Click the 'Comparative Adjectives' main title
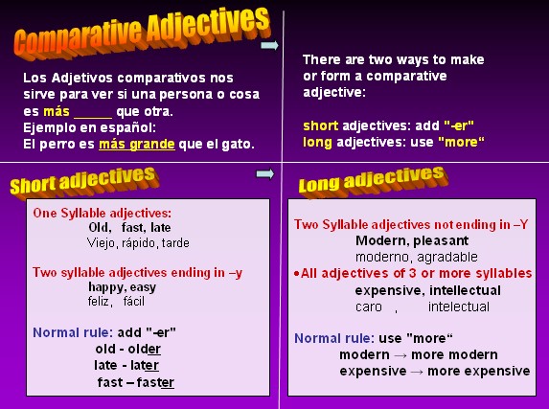tap(142, 33)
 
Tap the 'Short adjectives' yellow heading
tap(84, 181)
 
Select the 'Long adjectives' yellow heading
tap(374, 180)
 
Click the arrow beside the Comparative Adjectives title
tap(269, 45)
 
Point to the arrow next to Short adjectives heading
tap(265, 173)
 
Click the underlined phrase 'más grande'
tap(137, 144)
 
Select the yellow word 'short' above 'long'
tap(320, 125)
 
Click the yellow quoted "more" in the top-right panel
tap(462, 142)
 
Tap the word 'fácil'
tap(134, 301)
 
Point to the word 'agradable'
tap(447, 258)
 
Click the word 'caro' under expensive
tap(369, 307)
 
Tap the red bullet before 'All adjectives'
tap(297, 274)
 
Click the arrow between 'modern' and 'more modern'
tap(400, 355)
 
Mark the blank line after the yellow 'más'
tap(93, 118)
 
